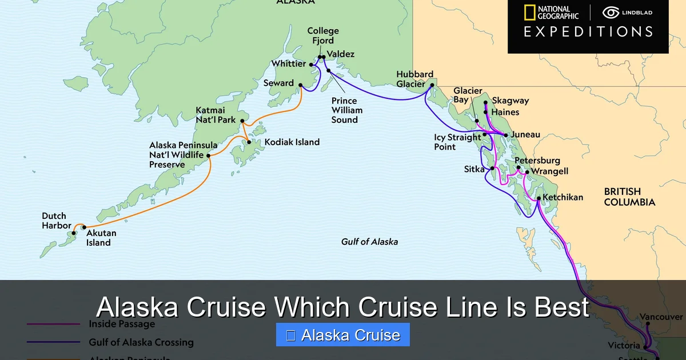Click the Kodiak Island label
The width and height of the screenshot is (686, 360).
pyautogui.click(x=292, y=142)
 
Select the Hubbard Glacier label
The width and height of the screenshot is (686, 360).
pyautogui.click(x=415, y=79)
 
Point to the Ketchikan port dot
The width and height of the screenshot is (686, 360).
pyautogui.click(x=539, y=198)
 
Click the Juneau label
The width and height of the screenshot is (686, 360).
pyautogui.click(x=525, y=135)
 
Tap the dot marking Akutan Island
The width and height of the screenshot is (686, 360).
pyautogui.click(x=84, y=227)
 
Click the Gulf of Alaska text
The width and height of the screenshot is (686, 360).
pyautogui.click(x=369, y=242)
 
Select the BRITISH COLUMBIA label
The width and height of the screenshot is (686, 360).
pyautogui.click(x=629, y=197)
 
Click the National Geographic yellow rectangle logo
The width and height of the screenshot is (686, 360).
pyautogui.click(x=529, y=13)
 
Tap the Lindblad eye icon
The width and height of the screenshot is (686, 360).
pyautogui.click(x=611, y=13)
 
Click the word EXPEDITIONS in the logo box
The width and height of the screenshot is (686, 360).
pyautogui.click(x=588, y=31)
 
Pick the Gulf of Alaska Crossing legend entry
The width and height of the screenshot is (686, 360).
pyautogui.click(x=141, y=342)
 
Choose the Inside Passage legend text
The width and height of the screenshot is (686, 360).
pyautogui.click(x=122, y=324)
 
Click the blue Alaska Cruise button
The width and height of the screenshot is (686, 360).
pyautogui.click(x=343, y=335)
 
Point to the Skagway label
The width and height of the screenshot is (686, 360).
pyautogui.click(x=510, y=101)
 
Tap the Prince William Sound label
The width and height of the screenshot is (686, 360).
pyautogui.click(x=345, y=110)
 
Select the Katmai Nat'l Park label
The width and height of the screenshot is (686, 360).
pyautogui.click(x=216, y=115)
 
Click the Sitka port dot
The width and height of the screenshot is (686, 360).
pyautogui.click(x=492, y=169)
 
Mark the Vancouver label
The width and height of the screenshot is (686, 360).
pyautogui.click(x=661, y=317)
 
